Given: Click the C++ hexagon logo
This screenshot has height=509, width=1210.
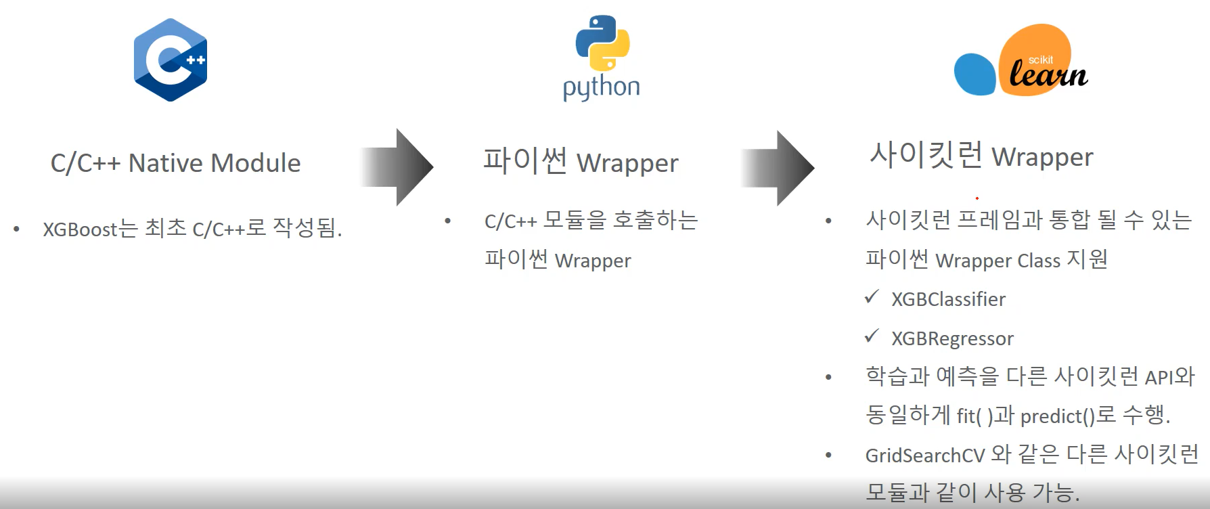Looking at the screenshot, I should click(171, 60).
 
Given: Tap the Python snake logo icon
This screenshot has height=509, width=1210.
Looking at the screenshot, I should click(602, 43).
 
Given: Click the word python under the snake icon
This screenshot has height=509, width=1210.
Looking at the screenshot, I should click(601, 88).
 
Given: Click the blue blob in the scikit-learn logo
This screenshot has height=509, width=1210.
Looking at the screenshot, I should click(974, 74).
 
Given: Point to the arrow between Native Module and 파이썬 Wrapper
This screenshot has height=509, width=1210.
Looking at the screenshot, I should click(398, 167).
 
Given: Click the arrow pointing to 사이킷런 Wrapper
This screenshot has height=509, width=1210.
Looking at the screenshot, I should click(778, 168).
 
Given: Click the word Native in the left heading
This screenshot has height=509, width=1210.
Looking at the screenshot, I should click(166, 163).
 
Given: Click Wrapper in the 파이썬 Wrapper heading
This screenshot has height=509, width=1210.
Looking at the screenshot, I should click(627, 163).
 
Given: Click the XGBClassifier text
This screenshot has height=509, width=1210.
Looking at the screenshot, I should click(948, 299).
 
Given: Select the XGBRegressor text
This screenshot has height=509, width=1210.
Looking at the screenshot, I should click(952, 338).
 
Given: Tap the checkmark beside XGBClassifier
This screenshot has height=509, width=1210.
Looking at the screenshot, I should click(872, 296).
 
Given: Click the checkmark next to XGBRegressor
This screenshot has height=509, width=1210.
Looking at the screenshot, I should click(872, 336).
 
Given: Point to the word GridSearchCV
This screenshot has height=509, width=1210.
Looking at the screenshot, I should click(925, 456).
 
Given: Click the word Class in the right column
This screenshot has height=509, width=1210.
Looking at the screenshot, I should click(1039, 261).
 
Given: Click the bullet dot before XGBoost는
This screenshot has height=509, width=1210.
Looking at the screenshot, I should click(16, 229).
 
